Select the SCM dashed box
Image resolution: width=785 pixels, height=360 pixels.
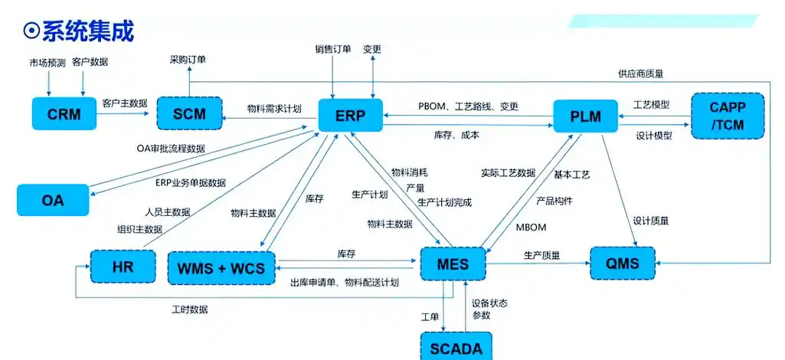click(188, 114)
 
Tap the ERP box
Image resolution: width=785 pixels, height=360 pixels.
click(350, 116)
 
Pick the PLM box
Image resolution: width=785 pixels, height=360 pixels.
click(585, 117)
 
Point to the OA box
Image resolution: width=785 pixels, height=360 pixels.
click(53, 201)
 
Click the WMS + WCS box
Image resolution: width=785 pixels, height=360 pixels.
click(221, 267)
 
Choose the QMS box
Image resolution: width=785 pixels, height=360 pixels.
click(623, 263)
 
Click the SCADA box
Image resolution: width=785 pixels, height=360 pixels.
click(456, 347)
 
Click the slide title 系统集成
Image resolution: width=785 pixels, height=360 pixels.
click(79, 31)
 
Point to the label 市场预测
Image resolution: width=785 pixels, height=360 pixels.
click(47, 61)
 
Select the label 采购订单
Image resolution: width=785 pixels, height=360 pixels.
click(188, 60)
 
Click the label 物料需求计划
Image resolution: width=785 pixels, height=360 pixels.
click(273, 109)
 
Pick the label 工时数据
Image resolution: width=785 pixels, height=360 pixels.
click(189, 309)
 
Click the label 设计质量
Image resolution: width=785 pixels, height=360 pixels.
click(651, 221)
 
